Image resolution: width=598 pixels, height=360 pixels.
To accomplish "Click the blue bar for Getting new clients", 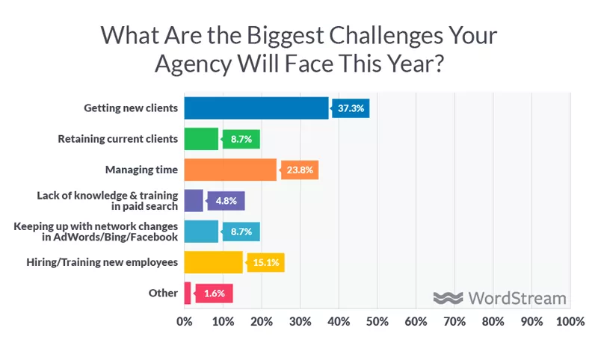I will pos(256,108).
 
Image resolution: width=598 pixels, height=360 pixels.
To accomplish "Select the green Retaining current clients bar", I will pos(201,139).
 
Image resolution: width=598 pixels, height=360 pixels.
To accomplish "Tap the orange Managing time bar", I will pos(230,170).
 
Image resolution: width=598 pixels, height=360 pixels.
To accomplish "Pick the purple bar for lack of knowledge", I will pos(194,201).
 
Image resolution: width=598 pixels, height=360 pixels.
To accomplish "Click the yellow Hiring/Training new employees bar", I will pos(213,262).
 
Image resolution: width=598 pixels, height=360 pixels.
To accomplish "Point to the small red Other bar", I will pos(188,293).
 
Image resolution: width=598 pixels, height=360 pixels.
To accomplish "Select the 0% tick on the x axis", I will pos(185,321).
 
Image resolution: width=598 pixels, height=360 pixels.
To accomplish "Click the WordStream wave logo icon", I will pos(449,297).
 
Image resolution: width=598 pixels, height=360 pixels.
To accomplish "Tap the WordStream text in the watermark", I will pos(517,297).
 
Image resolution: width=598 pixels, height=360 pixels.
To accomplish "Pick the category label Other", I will pos(163,293).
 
